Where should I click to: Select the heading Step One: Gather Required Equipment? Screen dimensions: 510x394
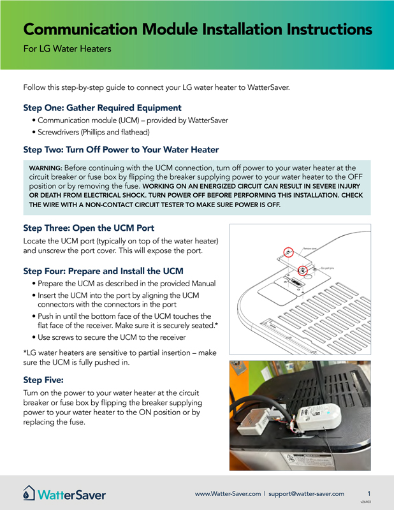click(102, 108)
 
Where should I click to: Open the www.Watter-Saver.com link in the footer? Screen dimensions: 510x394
click(228, 493)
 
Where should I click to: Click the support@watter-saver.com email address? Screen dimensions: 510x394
click(306, 493)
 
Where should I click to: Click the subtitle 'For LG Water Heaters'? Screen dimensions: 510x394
click(67, 49)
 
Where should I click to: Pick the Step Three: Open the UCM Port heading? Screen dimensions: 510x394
click(88, 228)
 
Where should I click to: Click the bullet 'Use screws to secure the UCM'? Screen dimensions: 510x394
click(112, 337)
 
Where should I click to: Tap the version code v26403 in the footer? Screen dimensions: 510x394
click(365, 502)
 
